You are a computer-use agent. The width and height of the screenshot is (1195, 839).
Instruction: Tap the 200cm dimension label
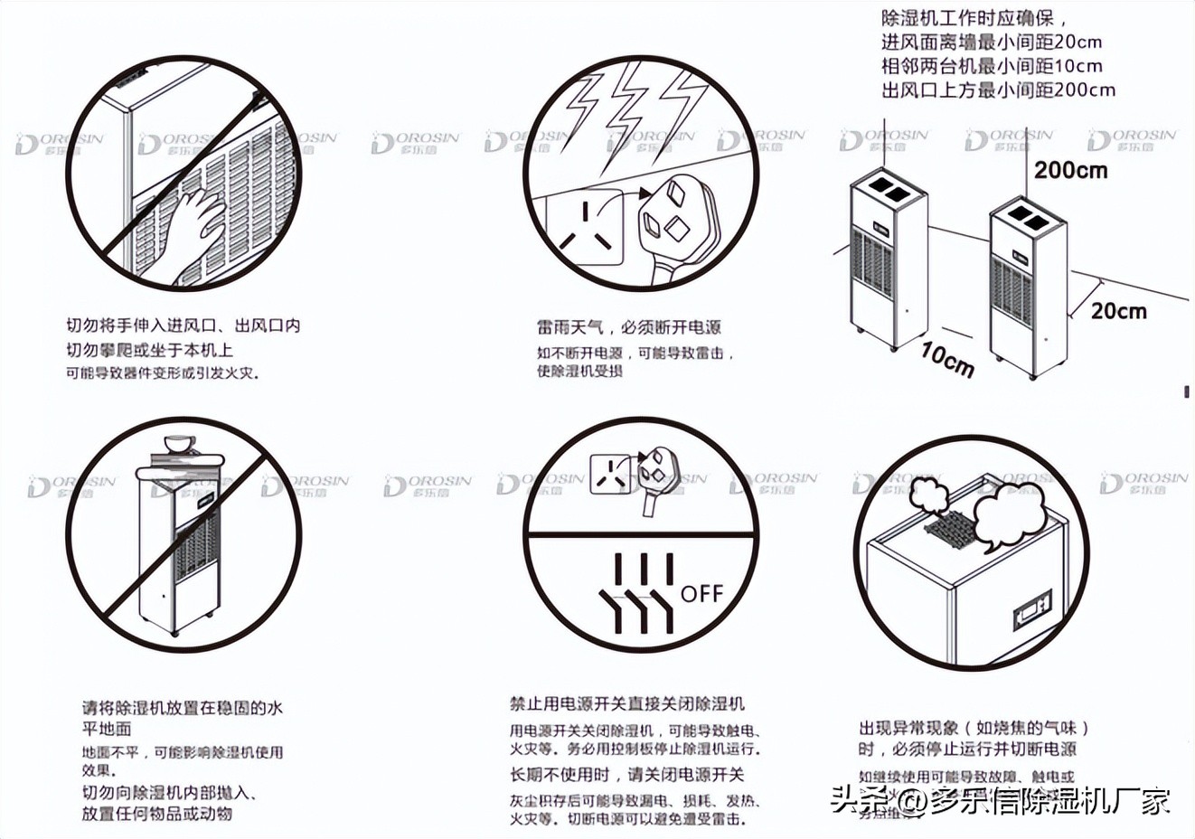(1070, 170)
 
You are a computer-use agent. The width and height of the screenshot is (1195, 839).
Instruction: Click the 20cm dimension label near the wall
(1118, 311)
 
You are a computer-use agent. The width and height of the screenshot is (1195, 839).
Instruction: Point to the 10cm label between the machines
(947, 358)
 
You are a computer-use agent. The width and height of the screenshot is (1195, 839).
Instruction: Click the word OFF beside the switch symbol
(701, 593)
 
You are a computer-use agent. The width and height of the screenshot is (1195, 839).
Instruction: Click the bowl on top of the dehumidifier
(180, 444)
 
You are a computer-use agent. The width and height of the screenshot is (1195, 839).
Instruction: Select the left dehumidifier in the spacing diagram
(888, 262)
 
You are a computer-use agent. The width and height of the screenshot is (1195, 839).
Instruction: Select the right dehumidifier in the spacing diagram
(1027, 285)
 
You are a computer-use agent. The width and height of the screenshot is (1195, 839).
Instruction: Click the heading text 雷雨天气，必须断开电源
(629, 327)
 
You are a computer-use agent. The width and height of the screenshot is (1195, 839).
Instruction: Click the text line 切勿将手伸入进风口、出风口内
(183, 325)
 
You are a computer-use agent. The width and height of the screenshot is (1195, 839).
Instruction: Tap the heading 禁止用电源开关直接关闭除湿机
(627, 703)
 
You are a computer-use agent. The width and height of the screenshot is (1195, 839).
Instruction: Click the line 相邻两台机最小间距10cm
(992, 66)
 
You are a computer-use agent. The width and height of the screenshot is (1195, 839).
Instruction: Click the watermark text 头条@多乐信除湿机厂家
(1000, 800)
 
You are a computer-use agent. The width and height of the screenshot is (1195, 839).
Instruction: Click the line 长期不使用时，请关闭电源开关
(627, 775)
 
